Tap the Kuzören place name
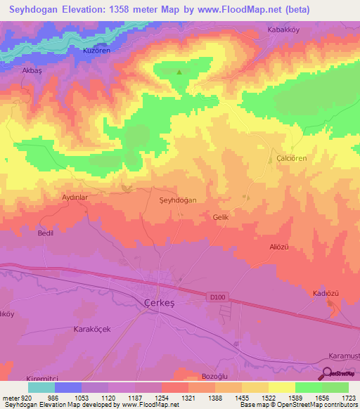pyautogui.click(x=98, y=52)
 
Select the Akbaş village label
pyautogui.click(x=33, y=72)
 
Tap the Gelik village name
pyautogui.click(x=221, y=218)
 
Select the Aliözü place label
pyautogui.click(x=279, y=247)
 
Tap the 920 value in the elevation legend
pyautogui.click(x=24, y=398)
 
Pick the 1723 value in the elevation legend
pyautogui.click(x=348, y=398)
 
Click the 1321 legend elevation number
pyautogui.click(x=188, y=398)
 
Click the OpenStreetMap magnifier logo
pyautogui.click(x=327, y=372)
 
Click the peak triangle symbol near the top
pyautogui.click(x=179, y=72)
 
